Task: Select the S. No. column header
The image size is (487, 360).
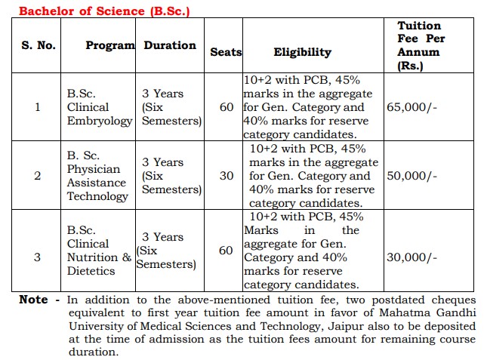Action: coord(38,45)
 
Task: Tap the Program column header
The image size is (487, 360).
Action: coord(110,45)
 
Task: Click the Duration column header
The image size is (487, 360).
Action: coord(170,45)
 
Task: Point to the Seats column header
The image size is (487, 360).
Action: coord(226,52)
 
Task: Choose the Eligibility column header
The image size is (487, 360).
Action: coord(302,52)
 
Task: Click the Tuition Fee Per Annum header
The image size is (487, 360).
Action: coord(420,45)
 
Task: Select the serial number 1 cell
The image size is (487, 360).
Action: coord(38,107)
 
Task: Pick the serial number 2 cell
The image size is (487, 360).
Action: coord(38,176)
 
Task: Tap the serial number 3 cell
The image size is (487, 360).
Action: coord(38,257)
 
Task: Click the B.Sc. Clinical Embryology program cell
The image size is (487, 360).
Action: coord(99,107)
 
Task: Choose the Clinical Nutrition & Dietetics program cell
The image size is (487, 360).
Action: coord(99,251)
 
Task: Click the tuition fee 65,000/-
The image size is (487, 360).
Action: coord(411,107)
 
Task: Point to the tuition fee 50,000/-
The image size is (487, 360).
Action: coord(411,176)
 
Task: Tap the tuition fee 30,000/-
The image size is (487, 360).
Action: coord(411,257)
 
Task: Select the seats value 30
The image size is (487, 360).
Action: coord(227,176)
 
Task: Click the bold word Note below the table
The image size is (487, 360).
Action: coord(33,300)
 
